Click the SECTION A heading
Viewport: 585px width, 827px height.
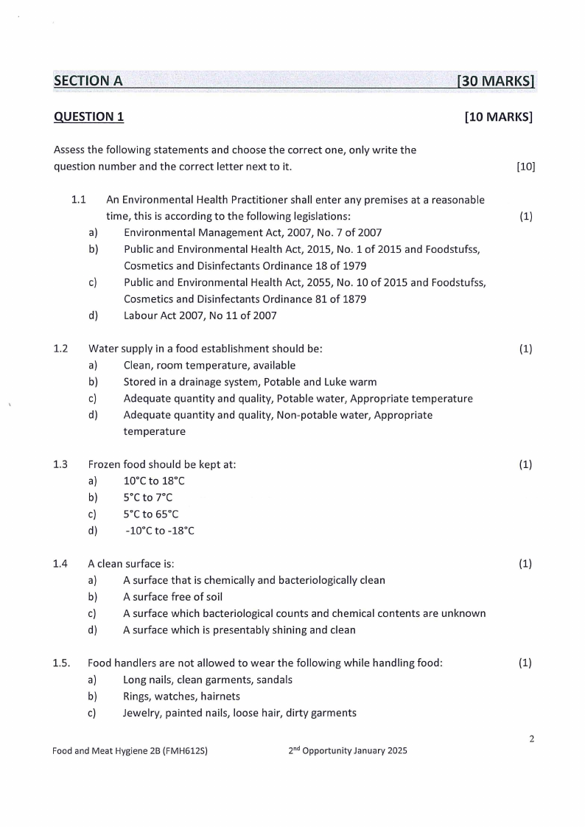88,81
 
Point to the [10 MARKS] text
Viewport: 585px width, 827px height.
499,116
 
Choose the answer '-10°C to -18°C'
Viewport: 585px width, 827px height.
160,531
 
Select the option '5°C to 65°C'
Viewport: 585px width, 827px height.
151,514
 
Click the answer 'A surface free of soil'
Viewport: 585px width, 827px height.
172,597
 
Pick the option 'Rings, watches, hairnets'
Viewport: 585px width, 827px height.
181,696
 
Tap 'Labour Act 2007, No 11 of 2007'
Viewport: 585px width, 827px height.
200,315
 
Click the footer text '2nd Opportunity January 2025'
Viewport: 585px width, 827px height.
348,751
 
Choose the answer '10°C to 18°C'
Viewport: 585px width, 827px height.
154,481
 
